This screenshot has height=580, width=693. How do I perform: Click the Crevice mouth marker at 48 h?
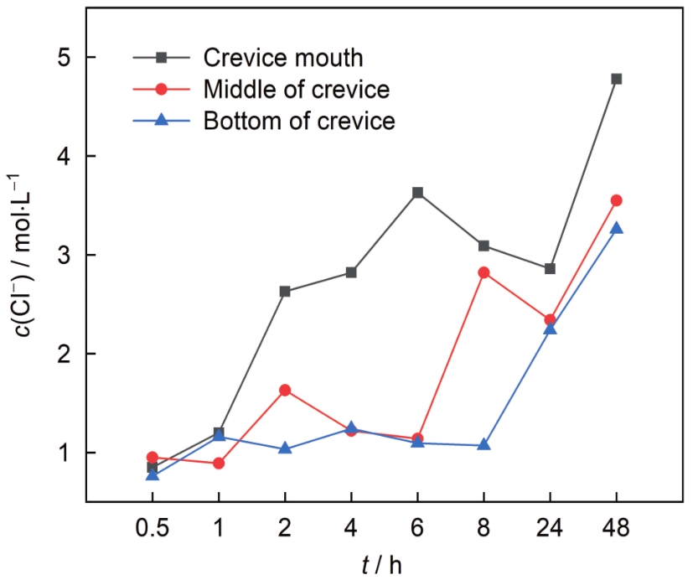click(617, 79)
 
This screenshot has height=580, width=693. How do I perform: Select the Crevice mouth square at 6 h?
click(417, 193)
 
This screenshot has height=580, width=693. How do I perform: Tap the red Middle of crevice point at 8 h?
click(484, 272)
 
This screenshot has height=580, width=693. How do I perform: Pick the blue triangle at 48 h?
click(617, 228)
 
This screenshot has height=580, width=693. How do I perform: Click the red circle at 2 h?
click(285, 390)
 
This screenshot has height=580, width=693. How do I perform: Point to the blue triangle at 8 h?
click(484, 444)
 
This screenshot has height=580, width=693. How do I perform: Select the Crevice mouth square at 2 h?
click(285, 292)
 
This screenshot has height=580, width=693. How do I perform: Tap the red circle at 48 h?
click(617, 200)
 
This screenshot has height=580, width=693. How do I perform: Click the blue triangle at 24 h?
click(550, 329)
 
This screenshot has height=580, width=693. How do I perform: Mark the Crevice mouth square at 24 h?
click(550, 268)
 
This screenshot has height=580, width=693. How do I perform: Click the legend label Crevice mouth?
click(283, 58)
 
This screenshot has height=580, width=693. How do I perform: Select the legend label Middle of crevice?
click(297, 89)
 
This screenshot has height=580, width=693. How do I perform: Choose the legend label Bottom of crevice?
click(298, 120)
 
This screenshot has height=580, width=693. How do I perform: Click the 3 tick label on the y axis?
click(65, 255)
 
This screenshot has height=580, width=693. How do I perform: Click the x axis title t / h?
click(382, 564)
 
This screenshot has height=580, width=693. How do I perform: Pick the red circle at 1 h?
click(219, 463)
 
